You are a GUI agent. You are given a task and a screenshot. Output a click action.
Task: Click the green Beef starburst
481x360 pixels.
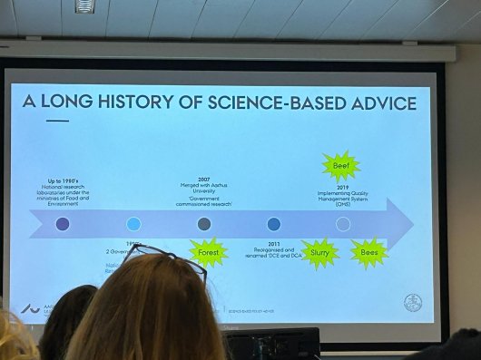[341, 167]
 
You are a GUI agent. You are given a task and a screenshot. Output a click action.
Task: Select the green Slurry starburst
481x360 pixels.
[319, 254]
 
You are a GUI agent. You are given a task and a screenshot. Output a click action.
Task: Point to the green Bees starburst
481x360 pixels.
[369, 253]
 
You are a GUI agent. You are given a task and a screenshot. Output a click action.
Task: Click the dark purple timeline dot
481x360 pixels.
[63, 224]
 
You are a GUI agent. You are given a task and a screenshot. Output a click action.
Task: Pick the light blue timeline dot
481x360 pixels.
[133, 224]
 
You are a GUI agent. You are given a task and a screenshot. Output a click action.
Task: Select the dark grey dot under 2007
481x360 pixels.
[204, 224]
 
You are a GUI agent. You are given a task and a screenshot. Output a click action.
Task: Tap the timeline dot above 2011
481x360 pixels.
[274, 224]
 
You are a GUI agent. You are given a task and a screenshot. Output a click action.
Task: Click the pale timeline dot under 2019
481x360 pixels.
[343, 224]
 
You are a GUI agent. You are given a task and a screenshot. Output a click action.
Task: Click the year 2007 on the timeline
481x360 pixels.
[203, 180]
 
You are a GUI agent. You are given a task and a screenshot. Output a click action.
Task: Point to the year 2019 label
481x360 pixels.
[340, 187]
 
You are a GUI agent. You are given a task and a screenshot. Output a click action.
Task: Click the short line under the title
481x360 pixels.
[57, 120]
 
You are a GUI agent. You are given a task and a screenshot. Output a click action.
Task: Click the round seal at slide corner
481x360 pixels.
[412, 304]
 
